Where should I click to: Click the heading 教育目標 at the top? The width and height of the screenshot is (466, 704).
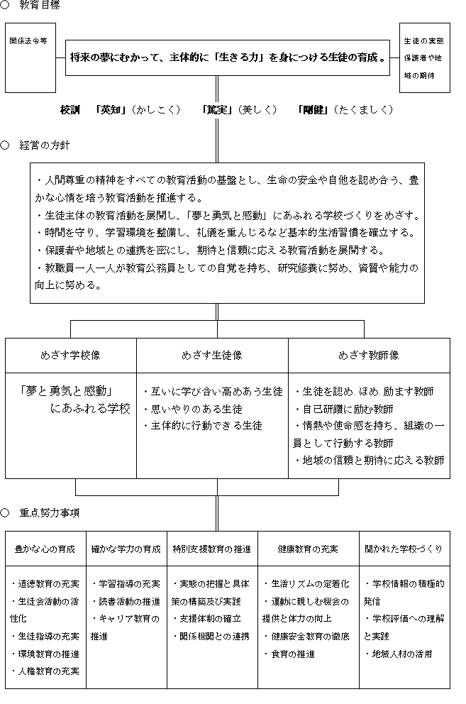coord(40,6)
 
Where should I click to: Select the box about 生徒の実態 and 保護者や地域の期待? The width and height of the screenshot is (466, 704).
coord(424,57)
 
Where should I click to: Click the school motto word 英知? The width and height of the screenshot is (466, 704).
coord(113,110)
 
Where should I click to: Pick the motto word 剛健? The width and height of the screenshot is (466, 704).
coord(313,110)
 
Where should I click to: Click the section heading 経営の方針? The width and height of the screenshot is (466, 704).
coord(44,145)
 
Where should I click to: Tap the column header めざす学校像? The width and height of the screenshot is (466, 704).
coord(70,355)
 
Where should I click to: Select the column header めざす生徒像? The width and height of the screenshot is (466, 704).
coord(212,355)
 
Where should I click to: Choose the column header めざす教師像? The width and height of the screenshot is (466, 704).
coord(369,355)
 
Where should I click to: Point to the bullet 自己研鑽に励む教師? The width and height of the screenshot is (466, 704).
coord(348,409)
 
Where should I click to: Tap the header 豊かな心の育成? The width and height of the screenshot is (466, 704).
coord(45,549)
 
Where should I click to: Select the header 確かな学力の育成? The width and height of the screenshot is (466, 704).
coord(126,549)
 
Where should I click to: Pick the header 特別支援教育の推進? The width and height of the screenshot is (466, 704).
coord(212,549)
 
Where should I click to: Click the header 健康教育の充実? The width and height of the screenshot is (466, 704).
coord(308,549)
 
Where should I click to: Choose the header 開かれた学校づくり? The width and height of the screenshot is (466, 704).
coord(404,549)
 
